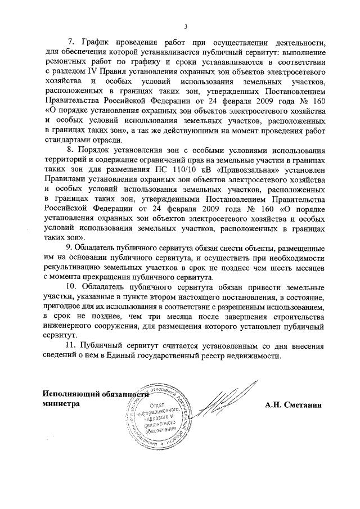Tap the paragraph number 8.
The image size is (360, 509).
click(70, 151)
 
